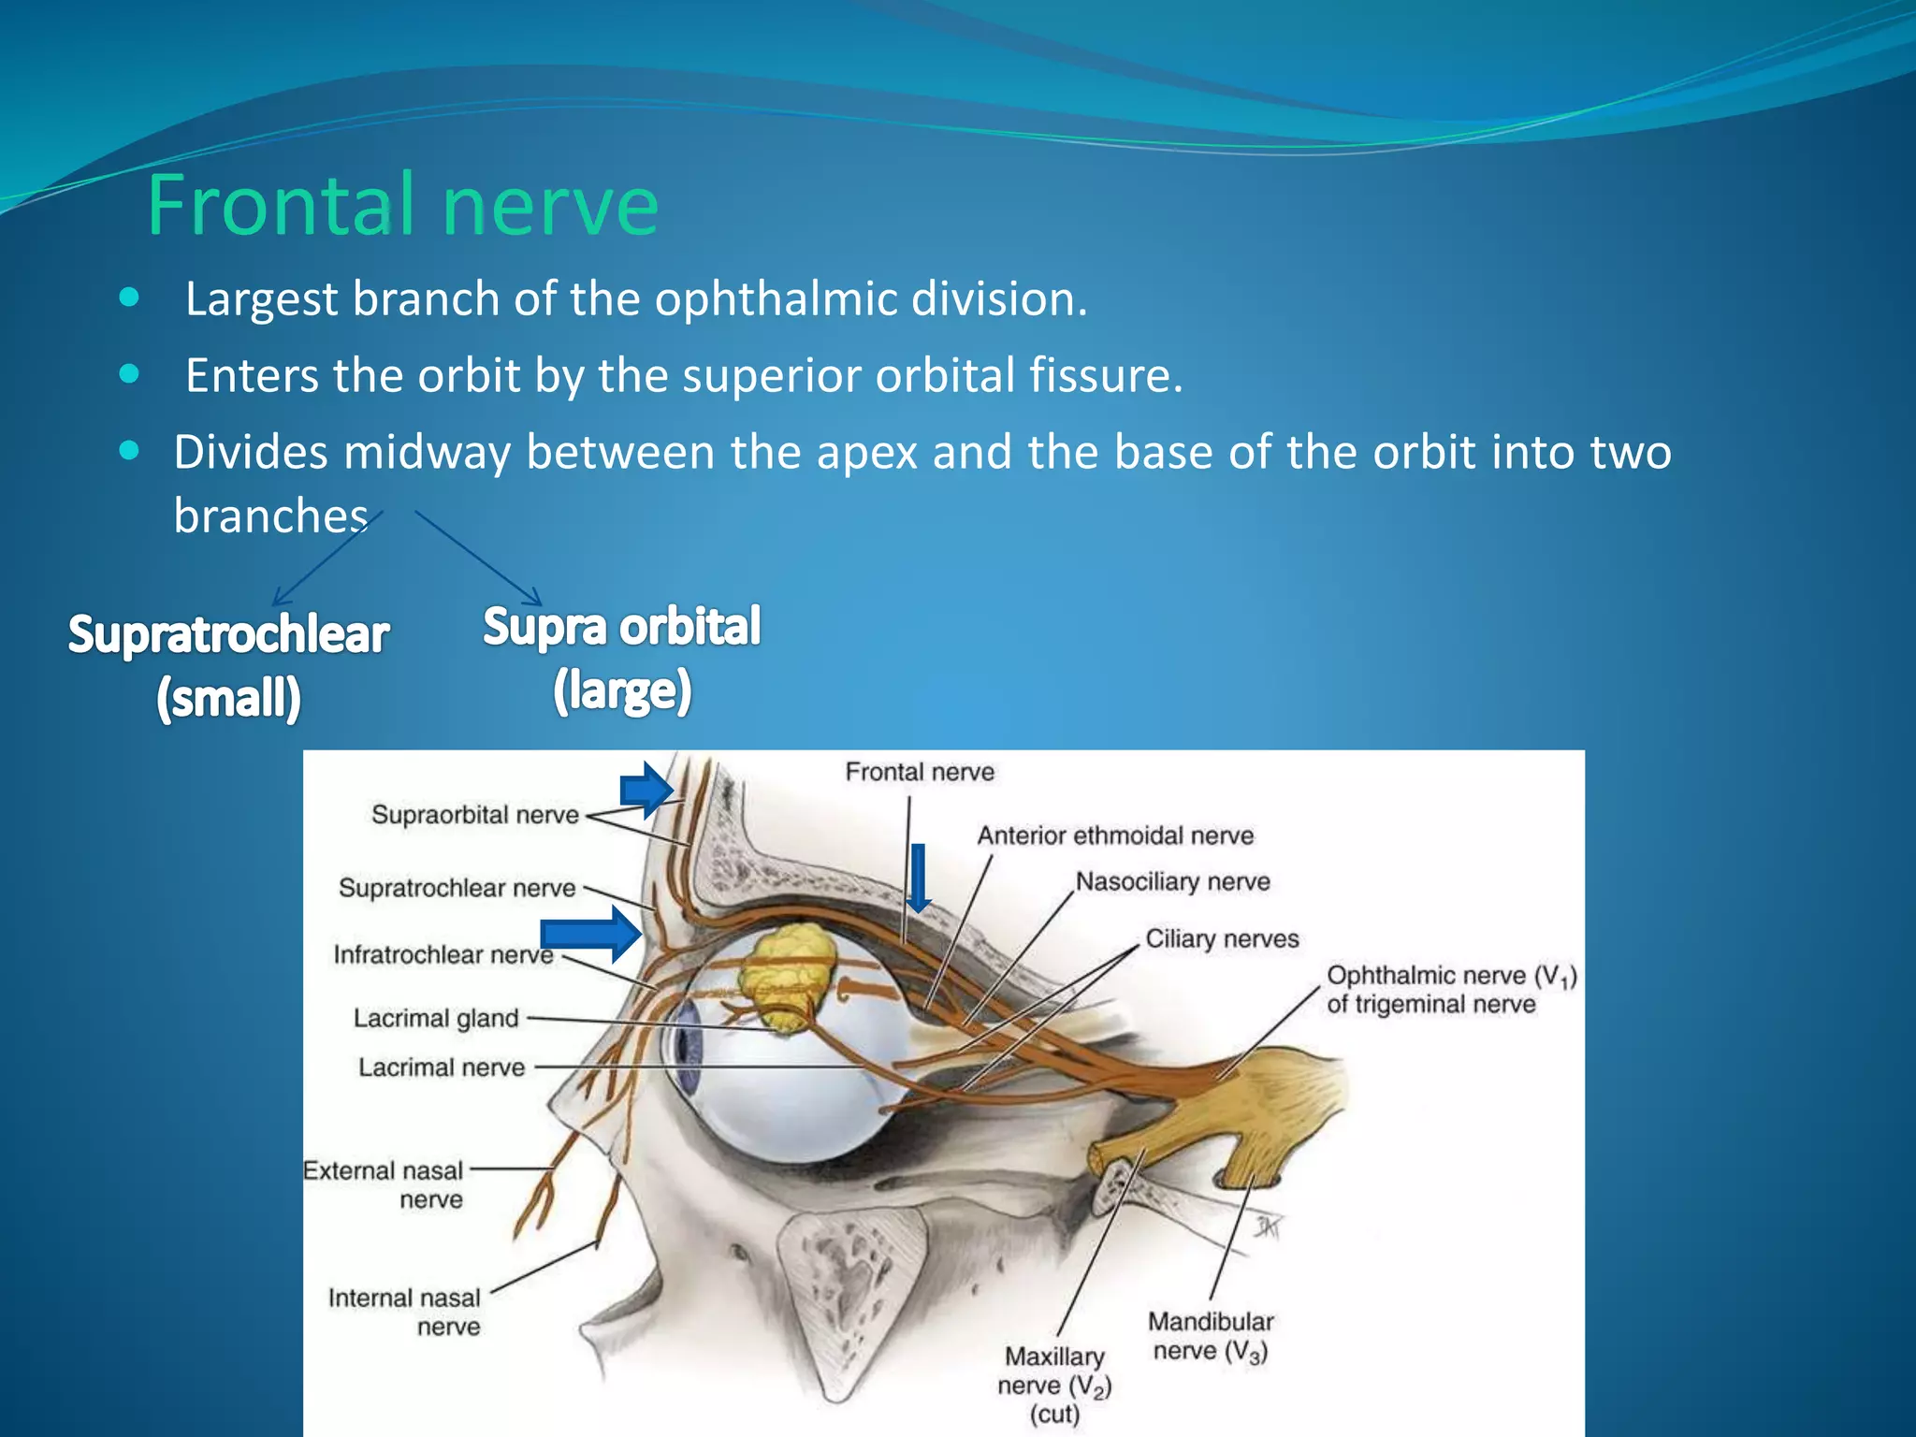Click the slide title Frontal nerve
(402, 206)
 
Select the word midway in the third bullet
(426, 452)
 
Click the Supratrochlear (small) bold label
(228, 666)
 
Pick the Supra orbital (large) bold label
(622, 659)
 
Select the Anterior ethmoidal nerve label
(1115, 835)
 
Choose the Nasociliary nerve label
(1172, 881)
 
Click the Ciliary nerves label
(1222, 938)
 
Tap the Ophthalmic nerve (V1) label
(1450, 989)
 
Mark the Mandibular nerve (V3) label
(1211, 1336)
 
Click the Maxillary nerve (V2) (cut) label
(1054, 1385)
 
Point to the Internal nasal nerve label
(405, 1312)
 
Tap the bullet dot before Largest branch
(130, 298)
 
